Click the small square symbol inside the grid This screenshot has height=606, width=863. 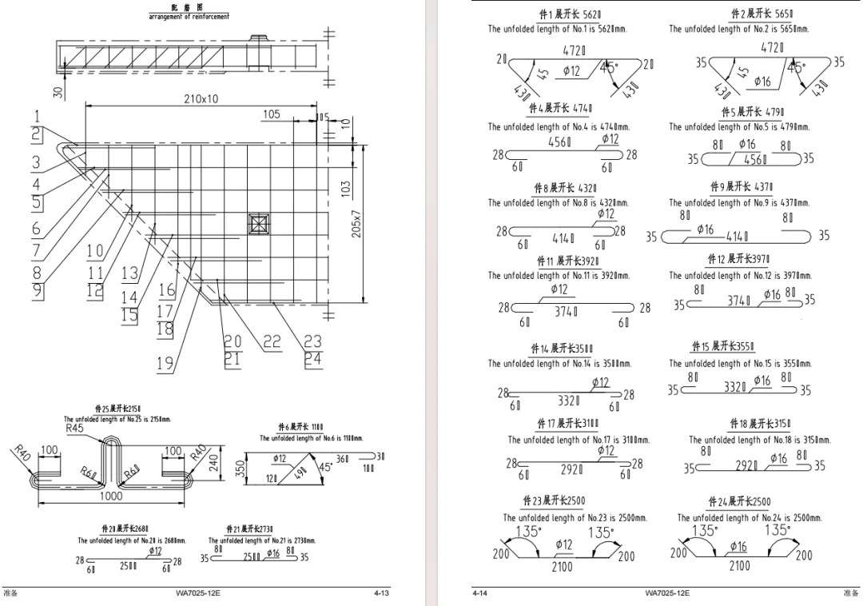click(x=259, y=223)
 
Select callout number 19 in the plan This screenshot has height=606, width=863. click(x=165, y=364)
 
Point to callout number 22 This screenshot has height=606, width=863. click(x=272, y=342)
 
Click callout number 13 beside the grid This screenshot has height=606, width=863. click(x=129, y=273)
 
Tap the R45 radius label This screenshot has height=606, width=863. click(x=76, y=429)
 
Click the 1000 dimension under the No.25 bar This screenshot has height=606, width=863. click(x=111, y=496)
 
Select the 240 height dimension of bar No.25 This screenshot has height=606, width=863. click(x=213, y=463)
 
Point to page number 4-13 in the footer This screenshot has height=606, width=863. click(x=381, y=593)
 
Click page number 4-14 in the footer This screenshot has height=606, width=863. click(x=480, y=593)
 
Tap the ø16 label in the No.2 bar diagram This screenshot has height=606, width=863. click(x=762, y=82)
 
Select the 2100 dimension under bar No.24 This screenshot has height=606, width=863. click(x=740, y=566)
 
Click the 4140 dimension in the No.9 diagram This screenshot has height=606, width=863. click(x=737, y=237)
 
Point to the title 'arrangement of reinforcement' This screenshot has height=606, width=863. click(x=189, y=17)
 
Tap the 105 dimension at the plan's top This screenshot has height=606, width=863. click(x=272, y=114)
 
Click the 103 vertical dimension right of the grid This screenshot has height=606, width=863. click(x=345, y=189)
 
